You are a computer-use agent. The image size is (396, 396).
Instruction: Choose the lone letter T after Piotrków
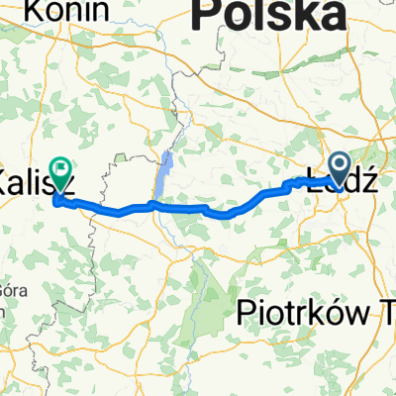coord(387,313)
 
